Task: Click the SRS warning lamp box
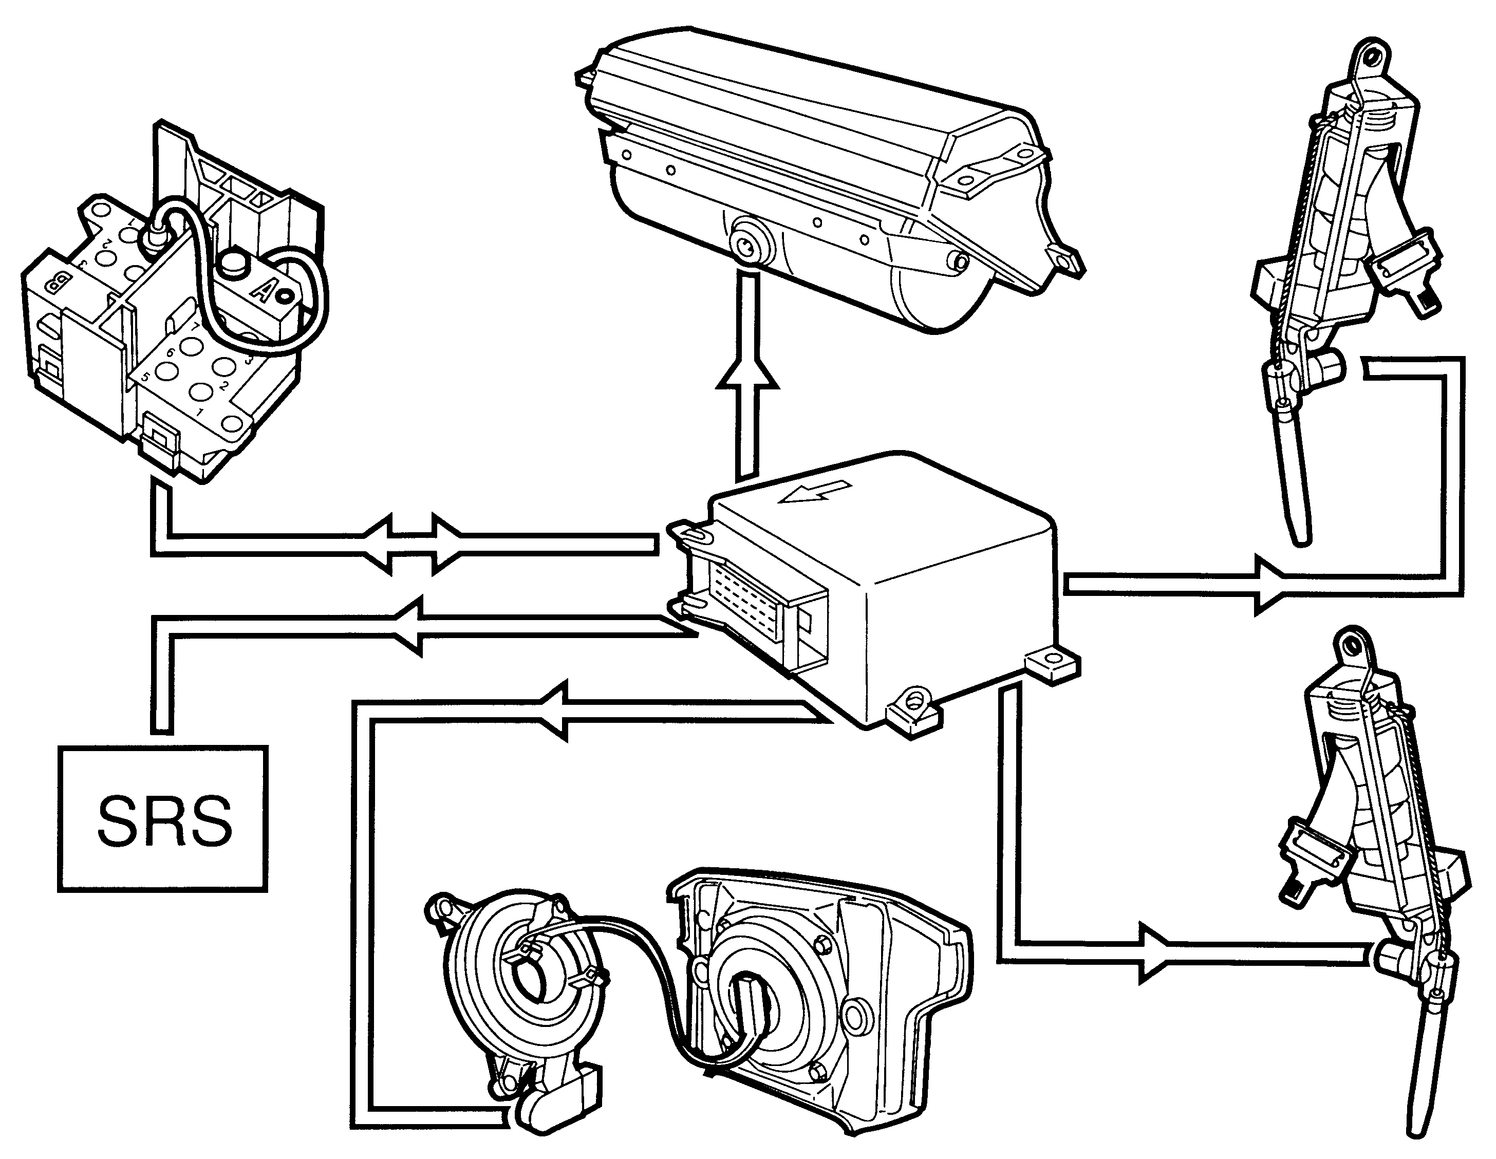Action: [162, 818]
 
